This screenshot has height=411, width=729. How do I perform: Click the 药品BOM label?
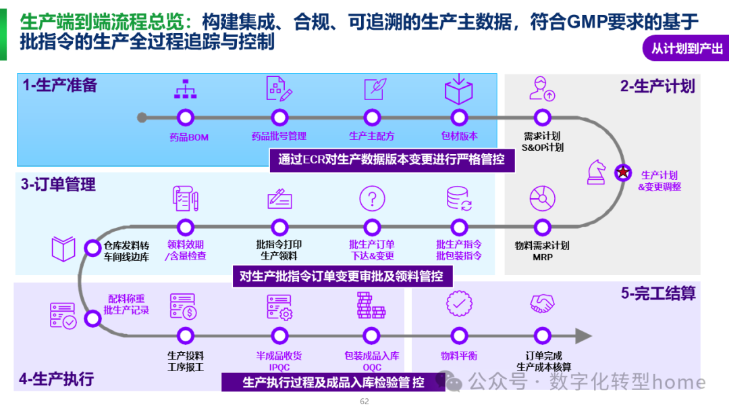tap(189, 137)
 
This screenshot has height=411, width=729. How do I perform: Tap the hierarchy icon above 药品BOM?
tap(185, 89)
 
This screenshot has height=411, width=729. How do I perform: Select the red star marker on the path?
tap(622, 172)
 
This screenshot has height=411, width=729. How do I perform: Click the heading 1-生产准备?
tap(59, 85)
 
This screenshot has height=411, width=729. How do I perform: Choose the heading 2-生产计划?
tap(657, 86)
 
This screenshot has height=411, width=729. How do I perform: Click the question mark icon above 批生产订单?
tap(372, 199)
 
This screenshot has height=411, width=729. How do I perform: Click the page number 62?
tap(364, 402)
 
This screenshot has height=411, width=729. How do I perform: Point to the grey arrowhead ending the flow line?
tap(583, 335)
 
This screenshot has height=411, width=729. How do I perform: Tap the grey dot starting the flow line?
tap(142, 118)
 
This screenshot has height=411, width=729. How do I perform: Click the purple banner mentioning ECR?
tap(391, 160)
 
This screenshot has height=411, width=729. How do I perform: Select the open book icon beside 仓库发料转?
tap(63, 249)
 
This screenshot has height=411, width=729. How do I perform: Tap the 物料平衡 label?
tap(459, 356)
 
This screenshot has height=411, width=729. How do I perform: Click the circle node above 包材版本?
tap(459, 117)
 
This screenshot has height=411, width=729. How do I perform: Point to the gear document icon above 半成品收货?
tap(278, 306)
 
